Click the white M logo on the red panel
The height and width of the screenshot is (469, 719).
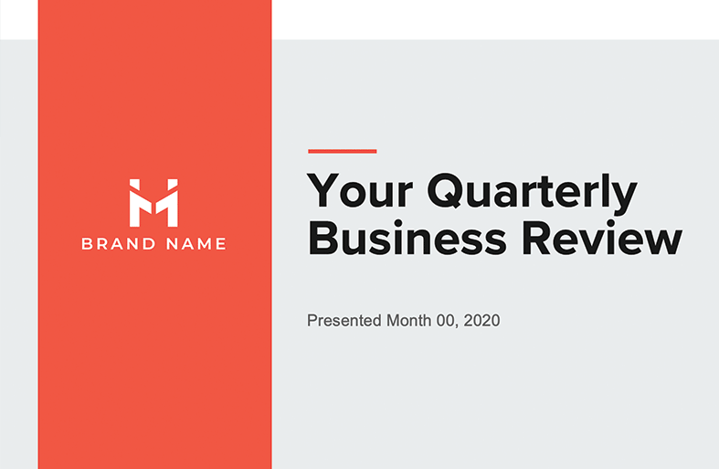click(x=153, y=202)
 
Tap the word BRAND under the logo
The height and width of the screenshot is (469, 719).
click(x=119, y=244)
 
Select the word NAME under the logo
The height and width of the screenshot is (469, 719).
click(x=196, y=244)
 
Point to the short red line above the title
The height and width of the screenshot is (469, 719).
click(x=342, y=151)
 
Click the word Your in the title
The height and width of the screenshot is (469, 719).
click(x=360, y=190)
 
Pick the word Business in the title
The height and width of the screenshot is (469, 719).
click(x=407, y=238)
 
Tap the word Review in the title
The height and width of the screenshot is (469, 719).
click(x=602, y=238)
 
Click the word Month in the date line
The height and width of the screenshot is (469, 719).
click(x=408, y=320)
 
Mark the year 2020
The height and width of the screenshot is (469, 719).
click(x=481, y=320)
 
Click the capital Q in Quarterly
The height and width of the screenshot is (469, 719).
click(x=446, y=190)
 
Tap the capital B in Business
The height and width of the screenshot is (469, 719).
click(x=323, y=238)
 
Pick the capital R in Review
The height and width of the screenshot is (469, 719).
click(x=539, y=238)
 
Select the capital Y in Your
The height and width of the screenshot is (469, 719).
click(x=322, y=190)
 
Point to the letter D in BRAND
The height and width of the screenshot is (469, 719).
click(x=149, y=244)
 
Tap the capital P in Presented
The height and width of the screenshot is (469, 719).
click(x=312, y=320)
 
